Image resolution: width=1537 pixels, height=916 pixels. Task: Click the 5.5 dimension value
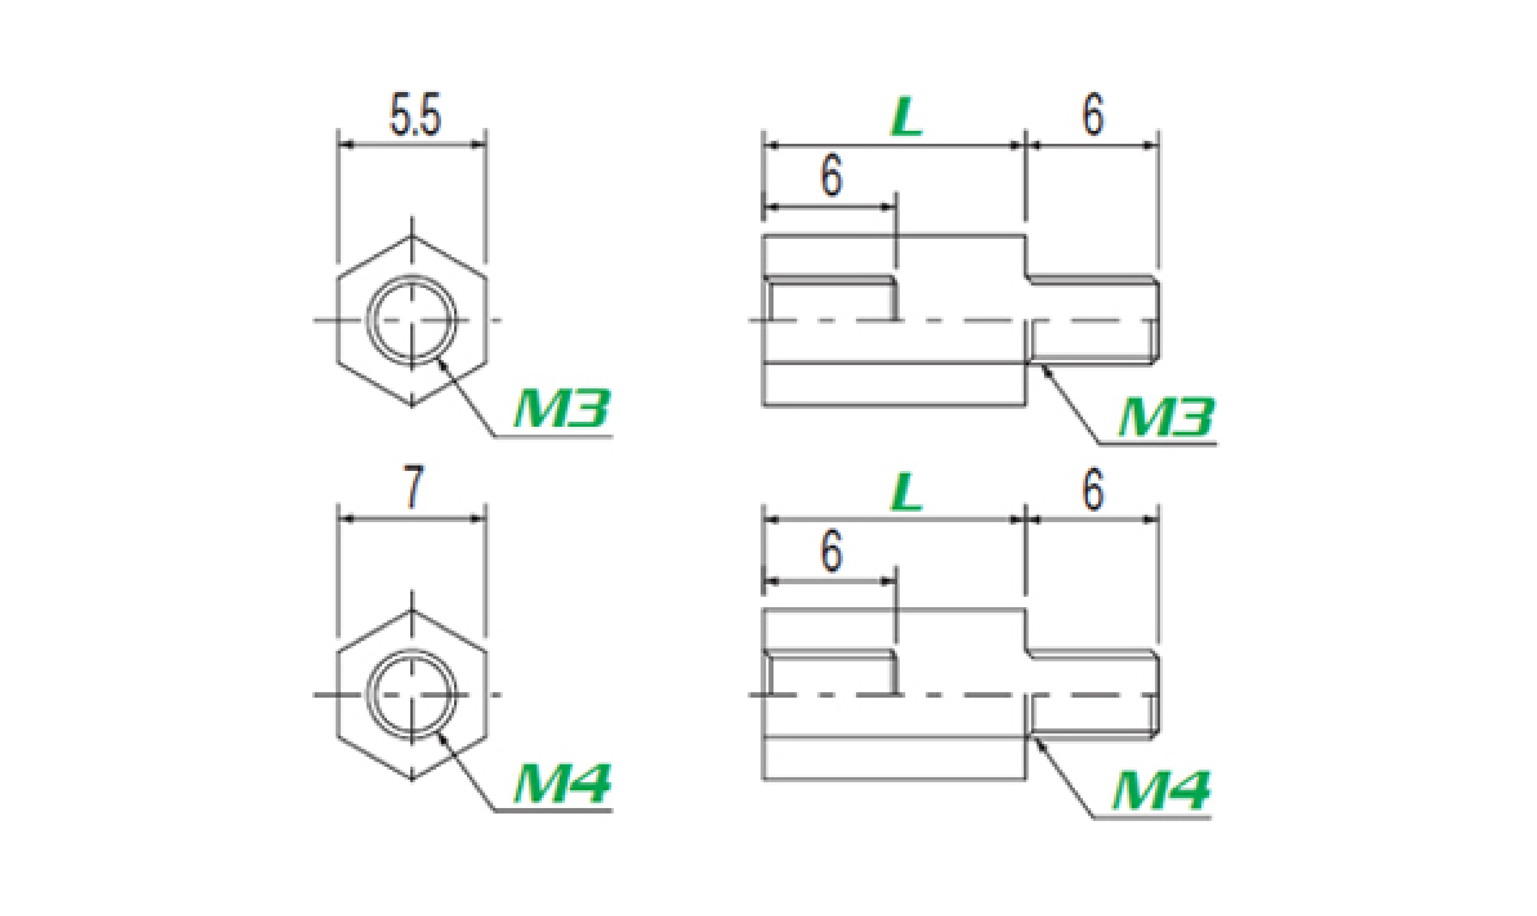(x=415, y=115)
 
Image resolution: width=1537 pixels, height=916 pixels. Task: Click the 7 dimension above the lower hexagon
(x=413, y=488)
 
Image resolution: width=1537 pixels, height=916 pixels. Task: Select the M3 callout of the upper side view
(x=1166, y=417)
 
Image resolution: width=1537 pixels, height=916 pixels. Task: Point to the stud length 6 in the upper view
(x=1092, y=115)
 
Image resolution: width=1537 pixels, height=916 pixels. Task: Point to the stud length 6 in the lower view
(x=1092, y=491)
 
